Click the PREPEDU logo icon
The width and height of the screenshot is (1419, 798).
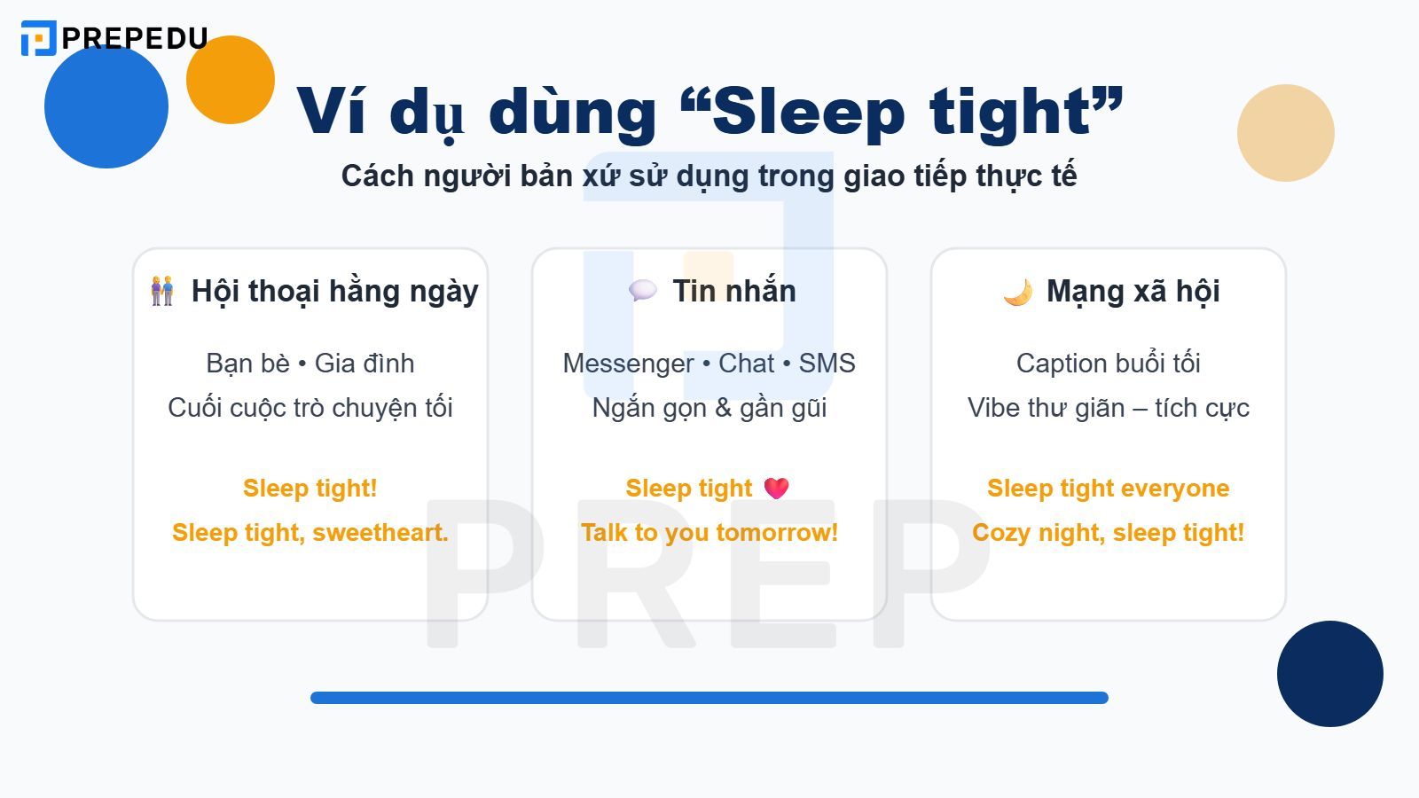(38, 38)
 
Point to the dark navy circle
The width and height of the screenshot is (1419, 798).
(1329, 674)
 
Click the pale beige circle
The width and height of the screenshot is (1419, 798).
(1285, 133)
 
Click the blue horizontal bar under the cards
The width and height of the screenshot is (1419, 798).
(709, 698)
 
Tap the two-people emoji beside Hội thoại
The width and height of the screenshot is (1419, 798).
(162, 291)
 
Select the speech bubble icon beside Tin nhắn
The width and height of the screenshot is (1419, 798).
(642, 290)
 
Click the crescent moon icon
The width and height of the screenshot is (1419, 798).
(1018, 292)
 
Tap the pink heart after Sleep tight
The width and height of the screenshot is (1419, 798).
(776, 489)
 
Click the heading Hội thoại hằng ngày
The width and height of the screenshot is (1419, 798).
(334, 291)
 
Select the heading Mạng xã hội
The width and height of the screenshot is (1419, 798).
(1133, 291)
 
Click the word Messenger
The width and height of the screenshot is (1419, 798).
(628, 364)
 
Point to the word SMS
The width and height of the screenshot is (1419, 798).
(827, 364)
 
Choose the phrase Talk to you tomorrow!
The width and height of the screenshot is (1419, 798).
(709, 533)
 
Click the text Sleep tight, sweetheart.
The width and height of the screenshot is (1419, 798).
(310, 533)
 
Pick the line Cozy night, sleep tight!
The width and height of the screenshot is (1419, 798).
(1108, 533)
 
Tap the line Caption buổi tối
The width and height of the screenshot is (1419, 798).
(1108, 364)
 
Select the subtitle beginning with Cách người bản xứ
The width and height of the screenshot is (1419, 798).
(709, 176)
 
